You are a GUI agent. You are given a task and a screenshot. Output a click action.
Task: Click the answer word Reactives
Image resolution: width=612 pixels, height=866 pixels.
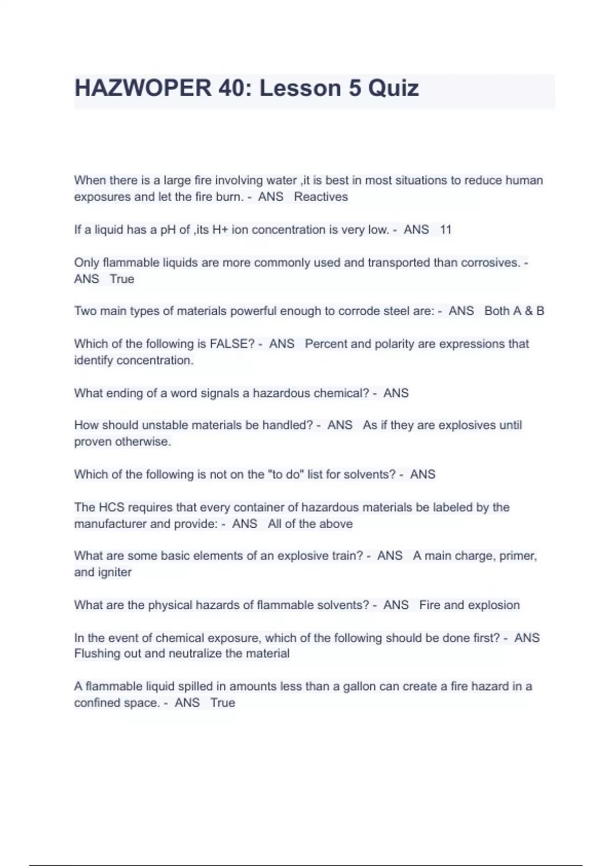[321, 197]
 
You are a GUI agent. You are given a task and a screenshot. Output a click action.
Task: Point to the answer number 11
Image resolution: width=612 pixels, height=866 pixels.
[445, 230]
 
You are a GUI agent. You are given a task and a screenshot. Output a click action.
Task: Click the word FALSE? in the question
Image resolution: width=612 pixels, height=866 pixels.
[232, 344]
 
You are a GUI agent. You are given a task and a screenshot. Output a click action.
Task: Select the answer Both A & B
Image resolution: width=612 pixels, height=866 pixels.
[514, 311]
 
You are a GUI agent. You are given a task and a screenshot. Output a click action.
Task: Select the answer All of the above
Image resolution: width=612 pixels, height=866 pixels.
[310, 524]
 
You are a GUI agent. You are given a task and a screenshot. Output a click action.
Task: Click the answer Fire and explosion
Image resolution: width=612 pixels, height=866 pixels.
[469, 605]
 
